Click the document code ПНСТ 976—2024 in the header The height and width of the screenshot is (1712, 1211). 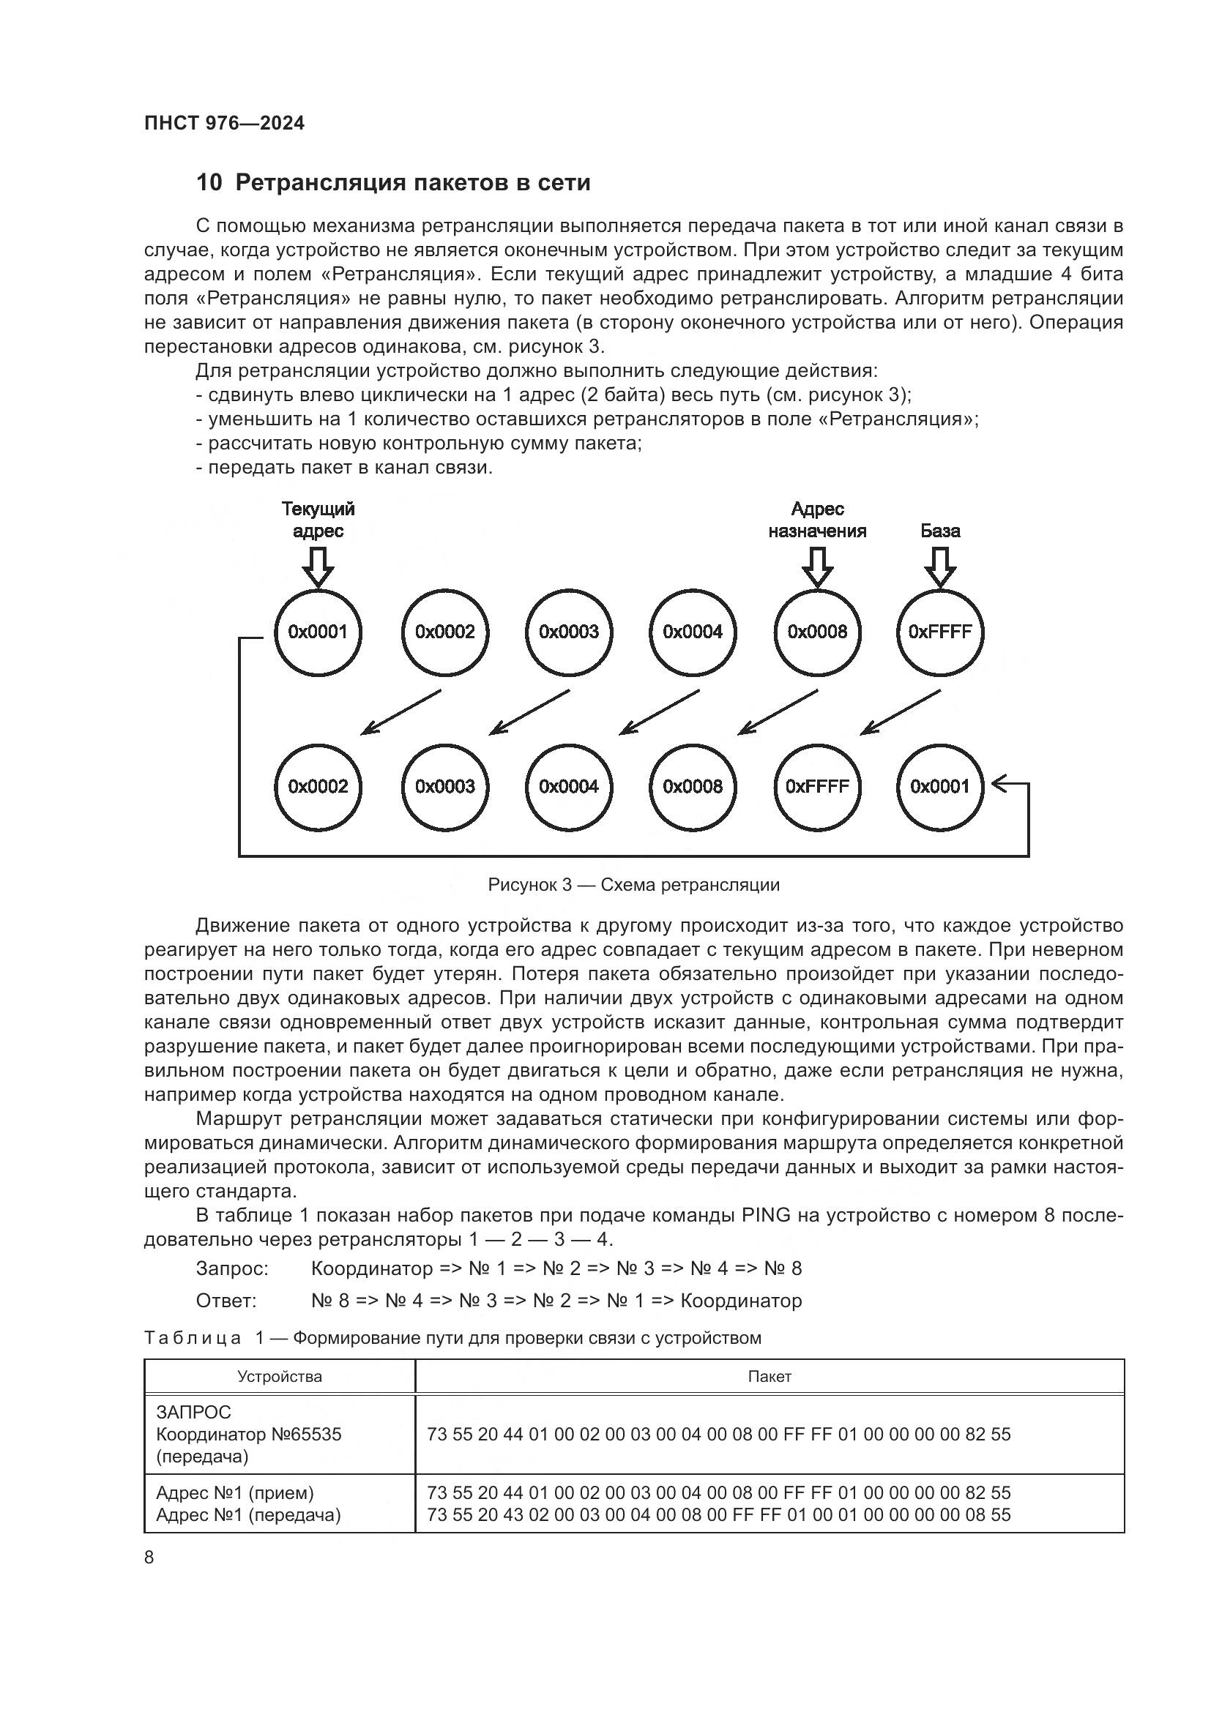coord(225,123)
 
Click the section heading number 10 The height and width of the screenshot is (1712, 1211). coord(209,183)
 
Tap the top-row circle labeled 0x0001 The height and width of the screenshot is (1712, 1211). coord(318,632)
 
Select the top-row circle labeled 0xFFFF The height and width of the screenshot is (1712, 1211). coord(939,632)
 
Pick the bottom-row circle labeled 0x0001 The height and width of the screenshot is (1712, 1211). coord(939,787)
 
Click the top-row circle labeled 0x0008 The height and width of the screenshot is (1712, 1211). coord(817,632)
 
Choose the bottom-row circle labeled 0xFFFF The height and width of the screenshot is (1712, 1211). coord(817,787)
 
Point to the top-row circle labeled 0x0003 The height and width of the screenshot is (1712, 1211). coord(568,632)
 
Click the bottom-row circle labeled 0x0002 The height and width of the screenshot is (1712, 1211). coord(318,787)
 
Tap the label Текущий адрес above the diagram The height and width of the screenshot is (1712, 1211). coord(318,520)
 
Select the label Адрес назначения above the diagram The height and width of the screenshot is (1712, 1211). coord(817,520)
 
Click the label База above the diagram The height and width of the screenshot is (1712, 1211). coord(939,531)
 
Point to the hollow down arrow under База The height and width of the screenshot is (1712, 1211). coord(939,567)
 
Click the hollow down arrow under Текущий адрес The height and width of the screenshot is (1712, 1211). coord(318,567)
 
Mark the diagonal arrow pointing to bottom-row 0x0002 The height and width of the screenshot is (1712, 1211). coord(400,712)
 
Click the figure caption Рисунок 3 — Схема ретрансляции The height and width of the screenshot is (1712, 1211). coord(633,885)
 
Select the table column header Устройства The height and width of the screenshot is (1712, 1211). coord(280,1377)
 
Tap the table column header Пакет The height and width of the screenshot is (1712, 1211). coord(769,1377)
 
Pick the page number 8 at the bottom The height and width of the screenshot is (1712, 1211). coord(149,1557)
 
